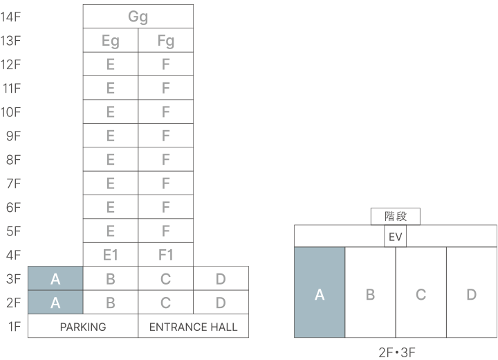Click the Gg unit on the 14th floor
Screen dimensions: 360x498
tap(138, 17)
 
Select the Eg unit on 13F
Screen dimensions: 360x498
tap(111, 41)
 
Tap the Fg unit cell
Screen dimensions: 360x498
tap(166, 41)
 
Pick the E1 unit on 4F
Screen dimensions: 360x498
tap(111, 255)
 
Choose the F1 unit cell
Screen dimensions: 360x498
tap(166, 255)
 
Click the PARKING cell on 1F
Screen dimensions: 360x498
tap(83, 326)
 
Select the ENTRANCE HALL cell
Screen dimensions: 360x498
tap(194, 326)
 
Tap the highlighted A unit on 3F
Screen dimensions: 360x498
tap(55, 279)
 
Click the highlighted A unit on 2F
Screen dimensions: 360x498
tap(55, 303)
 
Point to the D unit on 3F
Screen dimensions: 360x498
tap(221, 279)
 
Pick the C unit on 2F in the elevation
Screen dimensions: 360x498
tap(166, 303)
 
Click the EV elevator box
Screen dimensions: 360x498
tap(396, 237)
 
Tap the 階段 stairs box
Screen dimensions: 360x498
tap(396, 217)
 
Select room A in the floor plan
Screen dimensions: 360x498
tap(320, 294)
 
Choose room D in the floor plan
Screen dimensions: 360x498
tap(471, 294)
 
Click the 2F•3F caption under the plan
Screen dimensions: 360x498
tap(396, 352)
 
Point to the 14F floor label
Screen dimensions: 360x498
tap(11, 17)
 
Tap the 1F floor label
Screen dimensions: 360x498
tap(13, 326)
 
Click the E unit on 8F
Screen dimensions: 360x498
tap(111, 160)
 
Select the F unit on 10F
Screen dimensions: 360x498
tap(166, 112)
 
